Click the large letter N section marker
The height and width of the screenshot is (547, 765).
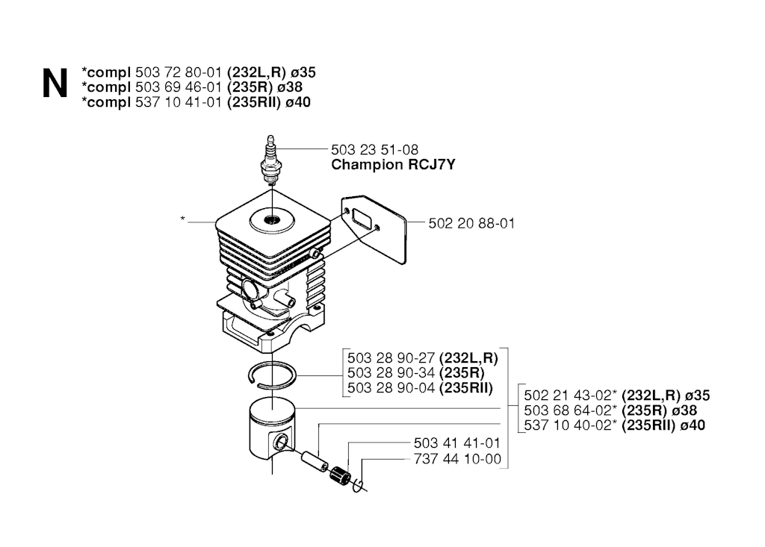click(55, 84)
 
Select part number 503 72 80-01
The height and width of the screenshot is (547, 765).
click(179, 72)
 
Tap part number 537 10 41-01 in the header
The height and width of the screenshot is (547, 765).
click(179, 102)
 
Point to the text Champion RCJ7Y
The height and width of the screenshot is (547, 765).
click(393, 165)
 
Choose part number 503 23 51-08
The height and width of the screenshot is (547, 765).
click(374, 150)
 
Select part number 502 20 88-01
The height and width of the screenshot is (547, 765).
click(471, 224)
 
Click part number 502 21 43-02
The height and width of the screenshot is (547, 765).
click(569, 396)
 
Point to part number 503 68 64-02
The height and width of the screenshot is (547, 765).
click(569, 410)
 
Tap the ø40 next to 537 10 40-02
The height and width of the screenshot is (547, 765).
click(692, 425)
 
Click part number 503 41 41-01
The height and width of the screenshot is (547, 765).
click(457, 443)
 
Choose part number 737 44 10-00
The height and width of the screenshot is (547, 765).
click(457, 459)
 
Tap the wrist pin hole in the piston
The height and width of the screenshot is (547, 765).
click(279, 443)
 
